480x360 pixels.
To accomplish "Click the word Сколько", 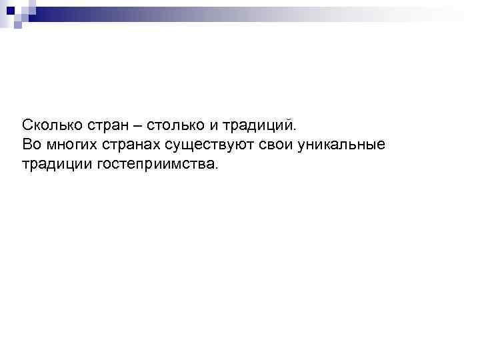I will point(49,125).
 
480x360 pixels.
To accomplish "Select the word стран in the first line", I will point(103,125).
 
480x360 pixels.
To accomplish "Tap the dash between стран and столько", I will point(136,125).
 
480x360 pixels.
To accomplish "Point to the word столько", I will point(172,125).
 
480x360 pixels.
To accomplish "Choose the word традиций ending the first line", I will point(257,125).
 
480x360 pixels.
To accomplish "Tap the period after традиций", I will point(291,129).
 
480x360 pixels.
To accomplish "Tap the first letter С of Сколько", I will point(27,125).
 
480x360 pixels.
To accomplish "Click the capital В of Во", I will point(27,144).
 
